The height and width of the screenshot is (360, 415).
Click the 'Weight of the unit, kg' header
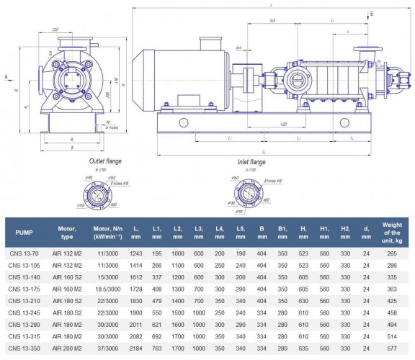click(392, 233)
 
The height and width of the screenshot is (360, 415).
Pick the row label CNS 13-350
click(25, 348)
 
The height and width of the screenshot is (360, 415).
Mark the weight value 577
click(392, 348)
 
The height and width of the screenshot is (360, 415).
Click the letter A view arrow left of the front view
click(6, 76)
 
